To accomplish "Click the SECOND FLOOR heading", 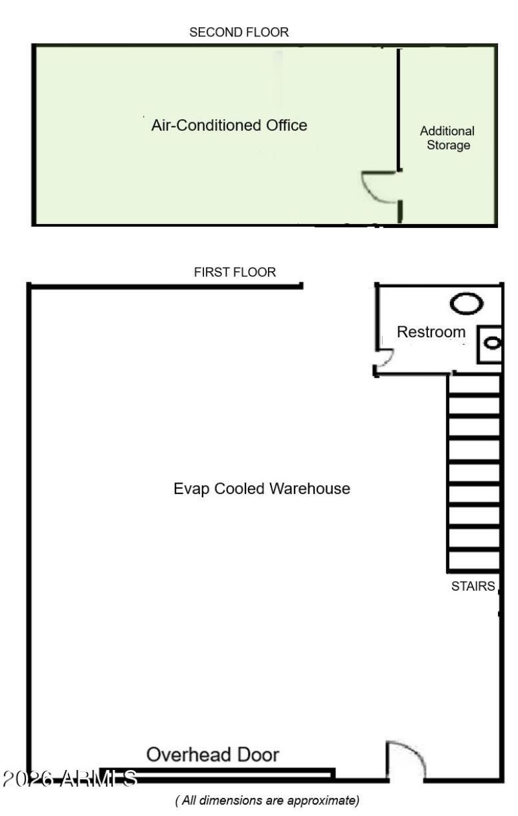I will tap(239, 32).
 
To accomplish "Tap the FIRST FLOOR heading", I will tap(234, 273).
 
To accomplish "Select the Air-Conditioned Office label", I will tap(229, 125).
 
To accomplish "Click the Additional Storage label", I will tap(447, 138).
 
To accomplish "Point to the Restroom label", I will tap(431, 332).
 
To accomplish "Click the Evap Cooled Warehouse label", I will tap(262, 488).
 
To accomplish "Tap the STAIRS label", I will tap(473, 587).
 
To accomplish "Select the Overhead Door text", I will tap(213, 754).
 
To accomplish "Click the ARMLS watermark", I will tap(70, 778).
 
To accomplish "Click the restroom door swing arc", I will tap(385, 358).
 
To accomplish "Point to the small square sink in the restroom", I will tap(490, 343).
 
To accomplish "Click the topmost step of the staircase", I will tap(473, 385).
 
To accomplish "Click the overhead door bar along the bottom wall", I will tap(217, 773).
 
